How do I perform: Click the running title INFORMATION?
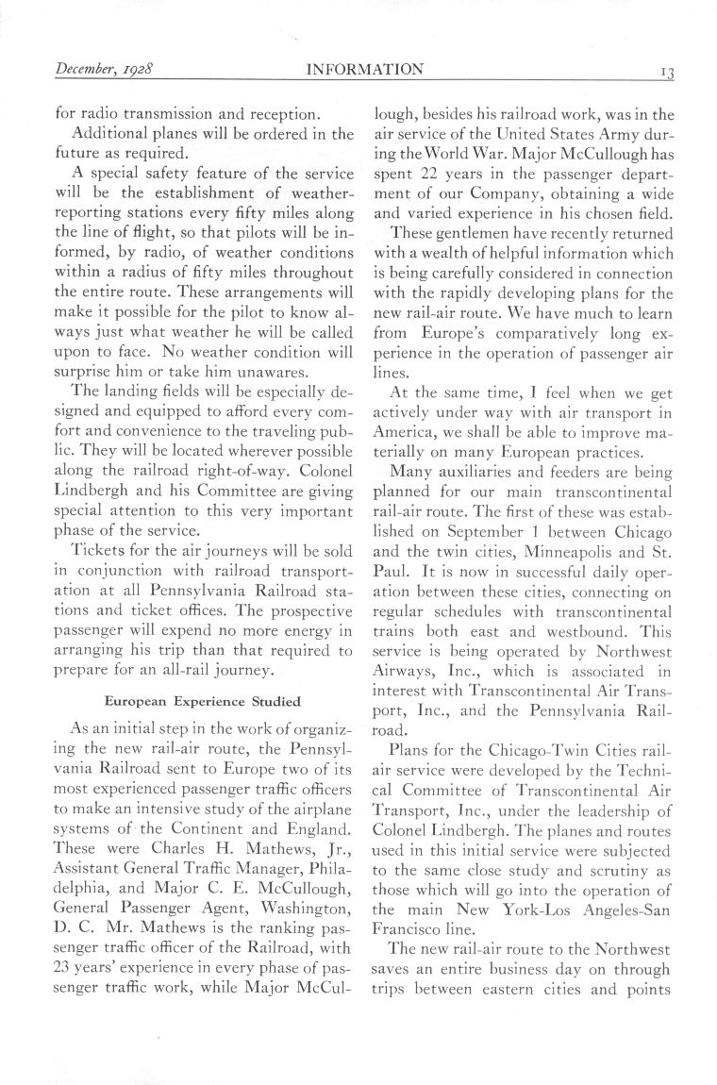point(364,70)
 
